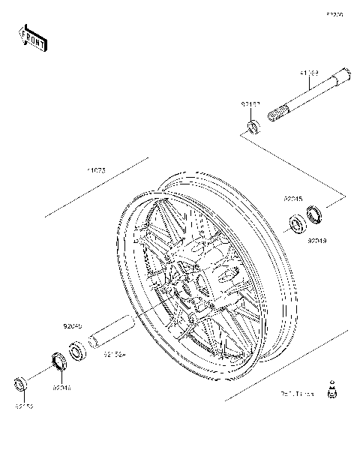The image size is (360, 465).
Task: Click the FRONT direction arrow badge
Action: point(33,37)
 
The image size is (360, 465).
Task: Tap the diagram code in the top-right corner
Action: point(334,14)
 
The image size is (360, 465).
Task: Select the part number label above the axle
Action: point(310,73)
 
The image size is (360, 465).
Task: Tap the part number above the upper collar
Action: point(250,103)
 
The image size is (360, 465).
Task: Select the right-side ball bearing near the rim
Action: point(298,224)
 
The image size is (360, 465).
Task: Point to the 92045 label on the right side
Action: point(292,199)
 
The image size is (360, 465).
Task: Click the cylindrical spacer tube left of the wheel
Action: point(112,332)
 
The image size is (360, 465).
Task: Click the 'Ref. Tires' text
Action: point(297,392)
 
